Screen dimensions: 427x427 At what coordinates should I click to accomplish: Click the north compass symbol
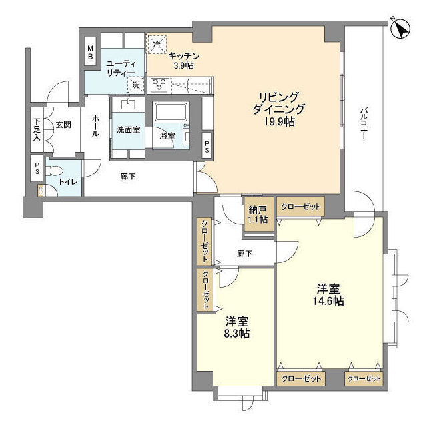tap(400, 29)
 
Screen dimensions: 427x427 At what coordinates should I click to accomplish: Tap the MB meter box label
tap(91, 53)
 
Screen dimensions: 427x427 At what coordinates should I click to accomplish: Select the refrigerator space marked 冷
tap(157, 44)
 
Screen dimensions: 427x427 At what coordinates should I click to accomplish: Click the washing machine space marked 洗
tap(135, 85)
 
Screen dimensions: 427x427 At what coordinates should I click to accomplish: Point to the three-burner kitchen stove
tap(159, 85)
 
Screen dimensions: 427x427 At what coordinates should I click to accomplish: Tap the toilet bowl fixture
tap(56, 171)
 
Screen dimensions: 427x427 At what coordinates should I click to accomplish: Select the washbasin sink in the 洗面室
tap(127, 105)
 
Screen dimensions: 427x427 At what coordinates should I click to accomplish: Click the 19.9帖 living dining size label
tap(279, 121)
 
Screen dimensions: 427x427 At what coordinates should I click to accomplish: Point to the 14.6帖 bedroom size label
tap(328, 301)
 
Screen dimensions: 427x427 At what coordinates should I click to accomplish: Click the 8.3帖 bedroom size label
tap(237, 333)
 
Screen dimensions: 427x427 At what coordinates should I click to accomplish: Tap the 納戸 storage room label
tap(258, 209)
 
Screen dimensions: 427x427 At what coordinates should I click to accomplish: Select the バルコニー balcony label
tap(364, 124)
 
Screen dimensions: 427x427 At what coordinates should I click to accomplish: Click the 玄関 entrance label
tap(64, 125)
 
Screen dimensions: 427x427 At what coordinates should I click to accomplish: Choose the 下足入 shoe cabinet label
tap(37, 129)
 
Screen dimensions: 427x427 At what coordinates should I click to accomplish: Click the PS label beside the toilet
tap(37, 169)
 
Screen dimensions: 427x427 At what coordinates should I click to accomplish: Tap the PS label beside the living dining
tap(207, 147)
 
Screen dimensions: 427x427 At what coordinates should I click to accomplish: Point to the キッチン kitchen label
tap(184, 56)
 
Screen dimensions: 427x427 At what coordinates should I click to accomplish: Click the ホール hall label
tap(95, 126)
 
